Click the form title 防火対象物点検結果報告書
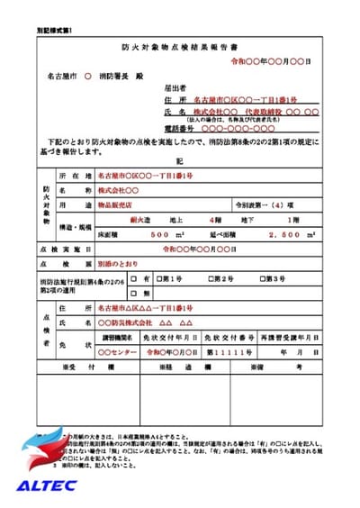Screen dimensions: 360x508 (180, 44)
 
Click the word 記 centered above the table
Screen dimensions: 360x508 (179, 159)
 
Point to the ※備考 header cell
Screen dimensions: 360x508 (283, 367)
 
